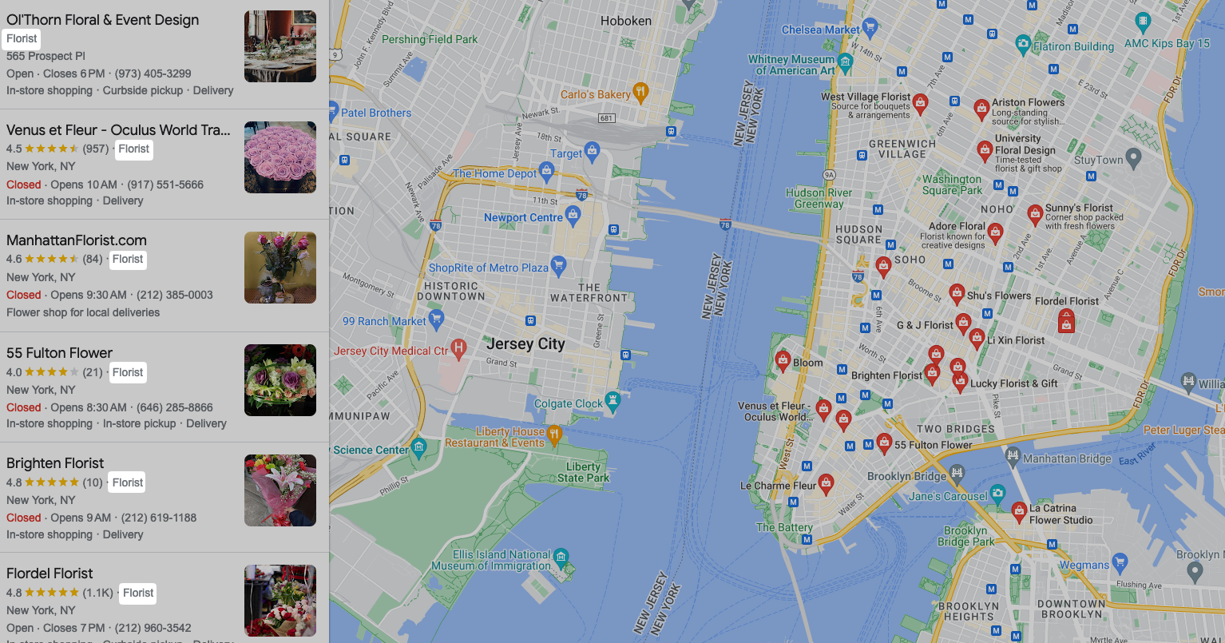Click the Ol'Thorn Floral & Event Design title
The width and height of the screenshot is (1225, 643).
[x=102, y=20]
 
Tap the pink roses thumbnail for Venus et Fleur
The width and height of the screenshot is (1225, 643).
[x=279, y=157]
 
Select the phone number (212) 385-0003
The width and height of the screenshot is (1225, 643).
[x=175, y=295]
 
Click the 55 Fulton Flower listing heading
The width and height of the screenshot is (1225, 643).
[x=59, y=353]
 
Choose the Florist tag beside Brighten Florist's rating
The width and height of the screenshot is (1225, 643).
[x=128, y=482]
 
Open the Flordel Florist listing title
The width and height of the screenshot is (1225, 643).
[x=50, y=574]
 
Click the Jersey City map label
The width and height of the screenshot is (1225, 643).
[x=525, y=344]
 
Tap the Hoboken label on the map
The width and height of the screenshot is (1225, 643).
[x=625, y=21]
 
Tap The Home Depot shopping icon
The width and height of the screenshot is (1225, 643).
[x=546, y=170]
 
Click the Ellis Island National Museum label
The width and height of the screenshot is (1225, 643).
[x=491, y=560]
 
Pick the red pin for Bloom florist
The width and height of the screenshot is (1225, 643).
[x=783, y=360]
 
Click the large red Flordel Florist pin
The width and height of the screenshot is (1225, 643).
[x=1066, y=321]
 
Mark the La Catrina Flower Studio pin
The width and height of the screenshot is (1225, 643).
[x=1019, y=510]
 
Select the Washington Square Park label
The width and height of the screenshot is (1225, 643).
[x=952, y=185]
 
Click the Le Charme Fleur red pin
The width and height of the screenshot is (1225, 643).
[x=826, y=482]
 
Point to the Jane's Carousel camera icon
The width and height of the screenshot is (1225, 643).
[x=997, y=492]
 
